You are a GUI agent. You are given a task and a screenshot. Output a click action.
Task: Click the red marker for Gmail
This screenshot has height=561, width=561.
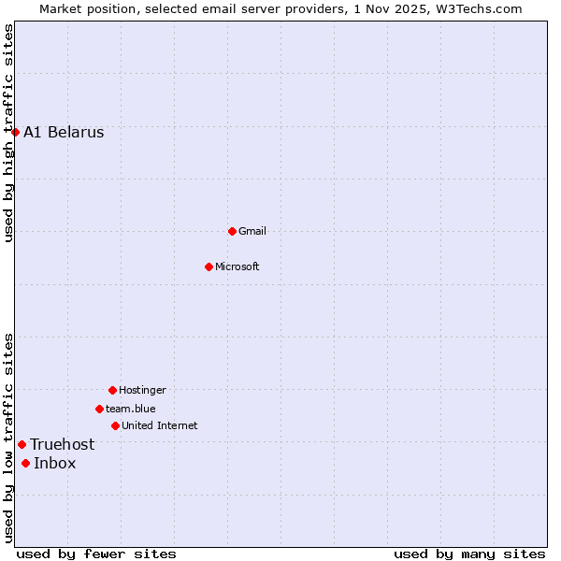[232, 231]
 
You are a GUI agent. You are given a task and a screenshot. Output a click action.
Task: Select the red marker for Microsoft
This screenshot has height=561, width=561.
[209, 266]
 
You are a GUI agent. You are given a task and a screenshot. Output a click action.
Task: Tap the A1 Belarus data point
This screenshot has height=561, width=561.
[15, 132]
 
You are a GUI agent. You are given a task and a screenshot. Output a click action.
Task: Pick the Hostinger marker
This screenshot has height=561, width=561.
[112, 390]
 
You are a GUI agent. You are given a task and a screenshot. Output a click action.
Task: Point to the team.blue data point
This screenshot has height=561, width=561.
[99, 409]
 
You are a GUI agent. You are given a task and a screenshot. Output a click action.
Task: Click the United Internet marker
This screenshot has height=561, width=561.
[115, 425]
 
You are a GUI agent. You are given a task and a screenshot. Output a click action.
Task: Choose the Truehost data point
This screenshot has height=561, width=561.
[22, 444]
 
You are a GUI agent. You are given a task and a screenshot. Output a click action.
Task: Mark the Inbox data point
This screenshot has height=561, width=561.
[25, 463]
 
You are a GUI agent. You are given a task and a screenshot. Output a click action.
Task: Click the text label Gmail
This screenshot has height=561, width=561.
[252, 231]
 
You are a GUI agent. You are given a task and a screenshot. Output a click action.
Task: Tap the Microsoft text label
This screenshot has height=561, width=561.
[237, 266]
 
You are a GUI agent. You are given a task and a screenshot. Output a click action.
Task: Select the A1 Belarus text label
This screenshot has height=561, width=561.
[64, 132]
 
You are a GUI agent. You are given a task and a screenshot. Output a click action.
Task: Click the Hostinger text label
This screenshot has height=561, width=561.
[142, 390]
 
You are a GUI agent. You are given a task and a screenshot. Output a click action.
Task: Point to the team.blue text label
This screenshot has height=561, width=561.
[131, 409]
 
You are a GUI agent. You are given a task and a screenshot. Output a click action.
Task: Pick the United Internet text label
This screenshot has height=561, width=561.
[160, 425]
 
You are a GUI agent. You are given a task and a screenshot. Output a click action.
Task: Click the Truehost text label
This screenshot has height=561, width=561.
[62, 444]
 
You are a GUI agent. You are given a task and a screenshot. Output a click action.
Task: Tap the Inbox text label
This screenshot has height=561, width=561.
[55, 463]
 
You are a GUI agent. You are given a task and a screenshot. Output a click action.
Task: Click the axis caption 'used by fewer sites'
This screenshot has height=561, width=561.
[96, 554]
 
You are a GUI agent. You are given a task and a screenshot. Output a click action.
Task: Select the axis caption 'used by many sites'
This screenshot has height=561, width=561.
[469, 554]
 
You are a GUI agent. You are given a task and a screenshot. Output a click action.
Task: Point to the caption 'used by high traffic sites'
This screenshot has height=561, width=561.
[8, 133]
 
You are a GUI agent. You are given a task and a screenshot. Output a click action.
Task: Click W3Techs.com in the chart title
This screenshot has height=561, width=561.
[476, 8]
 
